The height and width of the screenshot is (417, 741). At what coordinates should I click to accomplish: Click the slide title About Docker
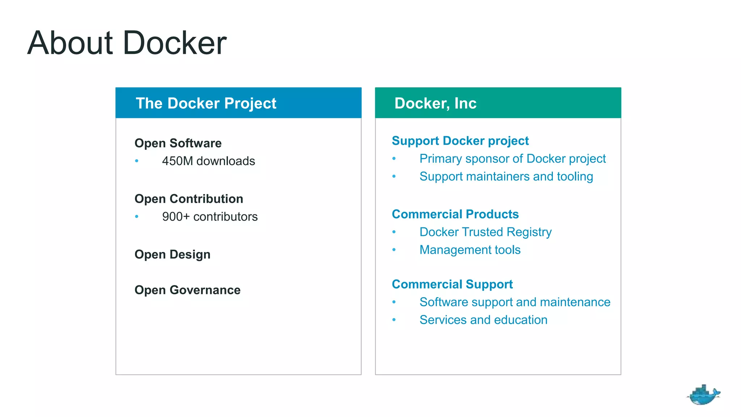pyautogui.click(x=127, y=43)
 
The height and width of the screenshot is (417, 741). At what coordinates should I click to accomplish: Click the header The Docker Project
pyautogui.click(x=206, y=103)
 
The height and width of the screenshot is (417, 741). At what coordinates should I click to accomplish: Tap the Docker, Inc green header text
pyautogui.click(x=435, y=103)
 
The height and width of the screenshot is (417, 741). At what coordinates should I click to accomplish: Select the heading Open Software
pyautogui.click(x=178, y=143)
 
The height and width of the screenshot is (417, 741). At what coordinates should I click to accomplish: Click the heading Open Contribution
pyautogui.click(x=189, y=199)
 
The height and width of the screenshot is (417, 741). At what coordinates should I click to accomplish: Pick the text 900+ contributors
pyautogui.click(x=209, y=216)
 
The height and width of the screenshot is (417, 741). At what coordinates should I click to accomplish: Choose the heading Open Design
pyautogui.click(x=172, y=254)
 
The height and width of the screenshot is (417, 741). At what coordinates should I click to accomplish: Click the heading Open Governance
pyautogui.click(x=187, y=290)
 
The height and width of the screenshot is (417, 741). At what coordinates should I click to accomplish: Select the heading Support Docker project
pyautogui.click(x=460, y=140)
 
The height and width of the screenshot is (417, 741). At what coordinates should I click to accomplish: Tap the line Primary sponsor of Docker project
pyautogui.click(x=512, y=159)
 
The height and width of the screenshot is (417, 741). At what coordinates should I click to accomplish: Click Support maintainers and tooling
pyautogui.click(x=506, y=176)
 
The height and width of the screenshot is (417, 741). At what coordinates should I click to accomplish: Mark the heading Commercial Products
pyautogui.click(x=455, y=214)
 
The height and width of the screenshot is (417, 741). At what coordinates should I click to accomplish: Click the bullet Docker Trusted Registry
pyautogui.click(x=485, y=232)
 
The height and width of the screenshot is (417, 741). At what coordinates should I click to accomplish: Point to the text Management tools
pyautogui.click(x=470, y=250)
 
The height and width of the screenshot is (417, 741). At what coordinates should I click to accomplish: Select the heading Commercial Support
pyautogui.click(x=452, y=284)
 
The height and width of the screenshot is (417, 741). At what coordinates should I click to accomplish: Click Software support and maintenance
pyautogui.click(x=515, y=302)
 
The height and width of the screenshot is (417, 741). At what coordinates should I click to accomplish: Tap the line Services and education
pyautogui.click(x=483, y=320)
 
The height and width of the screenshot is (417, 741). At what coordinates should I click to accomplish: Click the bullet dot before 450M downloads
pyautogui.click(x=137, y=161)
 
